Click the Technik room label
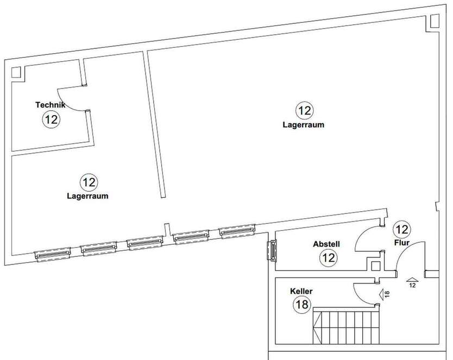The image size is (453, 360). click(x=50, y=105)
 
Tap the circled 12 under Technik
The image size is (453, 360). click(x=51, y=119)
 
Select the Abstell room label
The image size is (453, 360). click(x=326, y=244)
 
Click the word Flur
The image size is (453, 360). click(x=402, y=243)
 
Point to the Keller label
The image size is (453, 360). click(x=301, y=292)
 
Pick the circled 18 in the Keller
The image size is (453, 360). click(x=302, y=305)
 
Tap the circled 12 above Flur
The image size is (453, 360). click(x=402, y=229)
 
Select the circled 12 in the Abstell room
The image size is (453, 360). click(x=328, y=257)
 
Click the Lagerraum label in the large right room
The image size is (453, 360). click(x=304, y=124)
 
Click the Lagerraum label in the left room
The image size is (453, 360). click(x=87, y=196)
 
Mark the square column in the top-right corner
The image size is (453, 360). click(x=434, y=20)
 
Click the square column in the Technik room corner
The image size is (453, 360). click(x=16, y=74)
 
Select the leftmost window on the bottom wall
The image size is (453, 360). click(x=52, y=254)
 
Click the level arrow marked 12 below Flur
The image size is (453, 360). click(x=412, y=281)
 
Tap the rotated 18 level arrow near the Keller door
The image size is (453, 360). click(x=383, y=294)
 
